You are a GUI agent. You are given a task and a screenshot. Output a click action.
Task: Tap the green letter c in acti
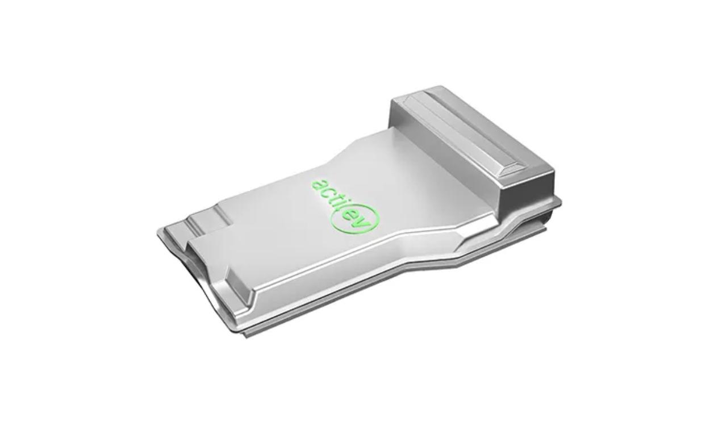click(326, 193)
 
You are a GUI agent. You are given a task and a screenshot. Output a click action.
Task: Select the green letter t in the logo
click(334, 199)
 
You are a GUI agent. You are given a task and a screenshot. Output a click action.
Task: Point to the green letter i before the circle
click(340, 204)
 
